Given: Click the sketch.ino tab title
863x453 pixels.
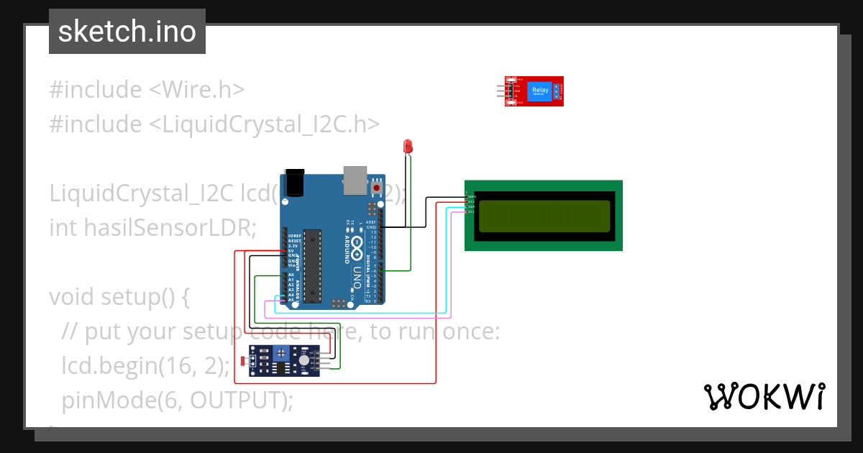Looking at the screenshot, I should point(127,32).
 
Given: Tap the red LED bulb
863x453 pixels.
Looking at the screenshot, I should point(408,146).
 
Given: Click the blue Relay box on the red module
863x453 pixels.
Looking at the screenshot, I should point(539,91).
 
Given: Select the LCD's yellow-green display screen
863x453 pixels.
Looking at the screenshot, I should point(543,215).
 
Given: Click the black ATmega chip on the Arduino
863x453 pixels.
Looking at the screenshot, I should point(311,265).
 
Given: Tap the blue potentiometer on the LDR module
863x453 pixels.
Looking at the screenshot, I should point(283,354).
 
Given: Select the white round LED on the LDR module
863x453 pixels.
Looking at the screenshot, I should point(305,360).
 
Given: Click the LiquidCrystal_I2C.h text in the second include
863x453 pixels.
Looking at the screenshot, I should point(263,124).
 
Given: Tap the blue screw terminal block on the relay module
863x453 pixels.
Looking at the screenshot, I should point(556,91).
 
